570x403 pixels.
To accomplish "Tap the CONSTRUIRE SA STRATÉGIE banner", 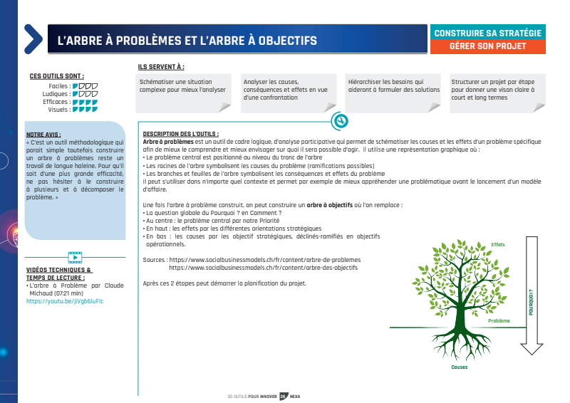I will [x=487, y=33].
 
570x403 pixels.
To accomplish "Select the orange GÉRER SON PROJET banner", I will [x=487, y=46].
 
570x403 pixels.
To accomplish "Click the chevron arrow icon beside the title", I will [x=33, y=39].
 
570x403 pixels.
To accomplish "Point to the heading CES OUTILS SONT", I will [x=57, y=76].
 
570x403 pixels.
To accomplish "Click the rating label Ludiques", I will [x=56, y=94].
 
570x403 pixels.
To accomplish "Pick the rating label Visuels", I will [x=58, y=110].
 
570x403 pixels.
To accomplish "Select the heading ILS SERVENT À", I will [x=162, y=67].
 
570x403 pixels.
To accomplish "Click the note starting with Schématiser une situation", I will [x=182, y=87].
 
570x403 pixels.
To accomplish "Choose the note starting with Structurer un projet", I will [x=497, y=90].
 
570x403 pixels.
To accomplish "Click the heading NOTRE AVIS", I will [x=43, y=134].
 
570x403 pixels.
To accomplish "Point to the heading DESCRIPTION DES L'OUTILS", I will [x=181, y=134].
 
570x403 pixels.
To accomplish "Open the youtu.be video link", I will [x=55, y=301].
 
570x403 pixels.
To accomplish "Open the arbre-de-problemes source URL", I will [x=264, y=260].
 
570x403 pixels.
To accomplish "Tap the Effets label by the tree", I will [x=497, y=244].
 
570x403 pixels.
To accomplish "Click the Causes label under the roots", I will [x=460, y=367].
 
